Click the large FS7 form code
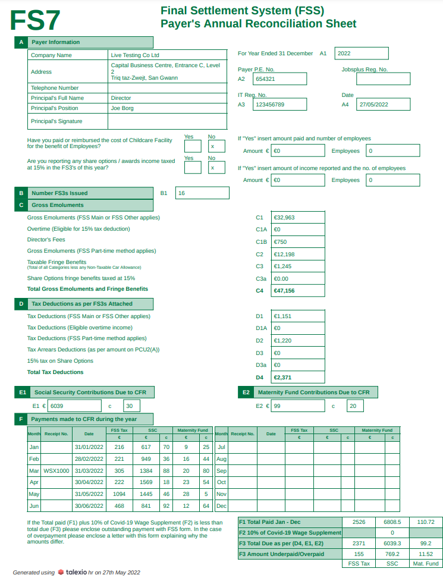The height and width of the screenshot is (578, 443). click(35, 20)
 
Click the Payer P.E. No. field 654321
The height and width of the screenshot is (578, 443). click(279, 78)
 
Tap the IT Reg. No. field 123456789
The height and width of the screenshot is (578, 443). click(279, 104)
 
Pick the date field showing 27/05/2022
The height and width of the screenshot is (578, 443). click(384, 104)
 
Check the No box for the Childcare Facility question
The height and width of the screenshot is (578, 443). click(213, 146)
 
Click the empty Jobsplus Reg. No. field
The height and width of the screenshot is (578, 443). click(383, 78)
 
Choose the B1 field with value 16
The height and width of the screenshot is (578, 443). click(202, 193)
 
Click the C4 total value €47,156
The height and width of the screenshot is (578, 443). click(298, 291)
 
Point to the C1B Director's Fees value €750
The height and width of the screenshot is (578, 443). click(298, 242)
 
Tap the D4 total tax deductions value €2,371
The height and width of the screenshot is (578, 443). click(298, 377)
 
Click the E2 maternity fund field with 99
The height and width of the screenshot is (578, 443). click(298, 406)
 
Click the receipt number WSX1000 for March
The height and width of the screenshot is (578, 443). click(56, 470)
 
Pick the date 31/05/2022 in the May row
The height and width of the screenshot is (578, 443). click(89, 494)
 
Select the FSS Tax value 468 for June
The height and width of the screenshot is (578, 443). click(120, 505)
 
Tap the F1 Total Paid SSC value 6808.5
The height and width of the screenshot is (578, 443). click(392, 522)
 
